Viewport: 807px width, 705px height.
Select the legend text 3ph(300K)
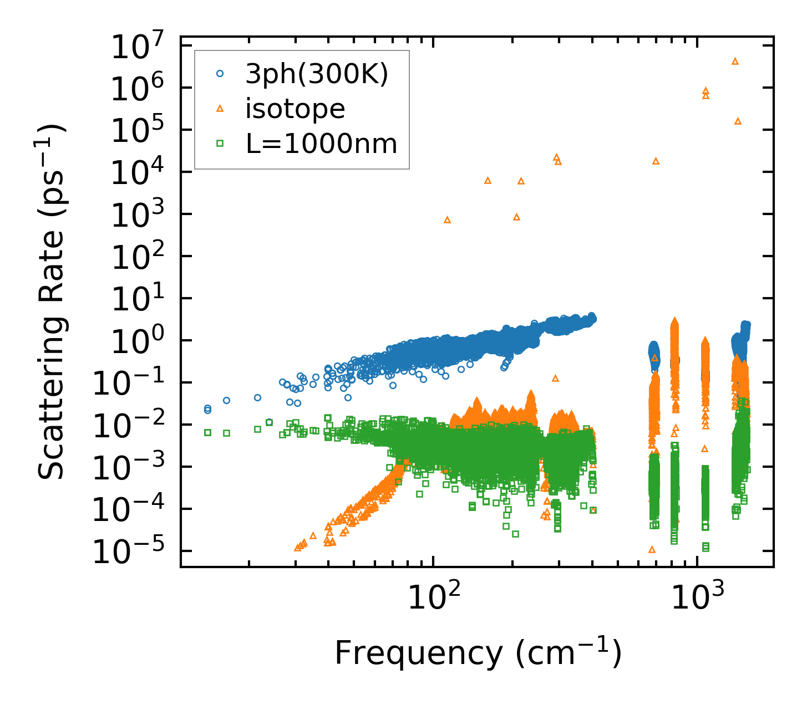317,74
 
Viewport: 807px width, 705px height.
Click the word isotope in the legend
296,109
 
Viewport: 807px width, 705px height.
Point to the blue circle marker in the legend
220,73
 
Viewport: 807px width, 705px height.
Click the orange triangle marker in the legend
220,109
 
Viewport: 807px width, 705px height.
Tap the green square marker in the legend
220,144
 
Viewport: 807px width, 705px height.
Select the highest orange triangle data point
735,61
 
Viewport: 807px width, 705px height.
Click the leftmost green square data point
207,432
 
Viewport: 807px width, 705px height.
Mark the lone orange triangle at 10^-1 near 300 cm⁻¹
555,379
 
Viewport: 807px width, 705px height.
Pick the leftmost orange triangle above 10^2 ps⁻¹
447,220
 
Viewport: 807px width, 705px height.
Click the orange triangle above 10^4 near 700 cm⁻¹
656,161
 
